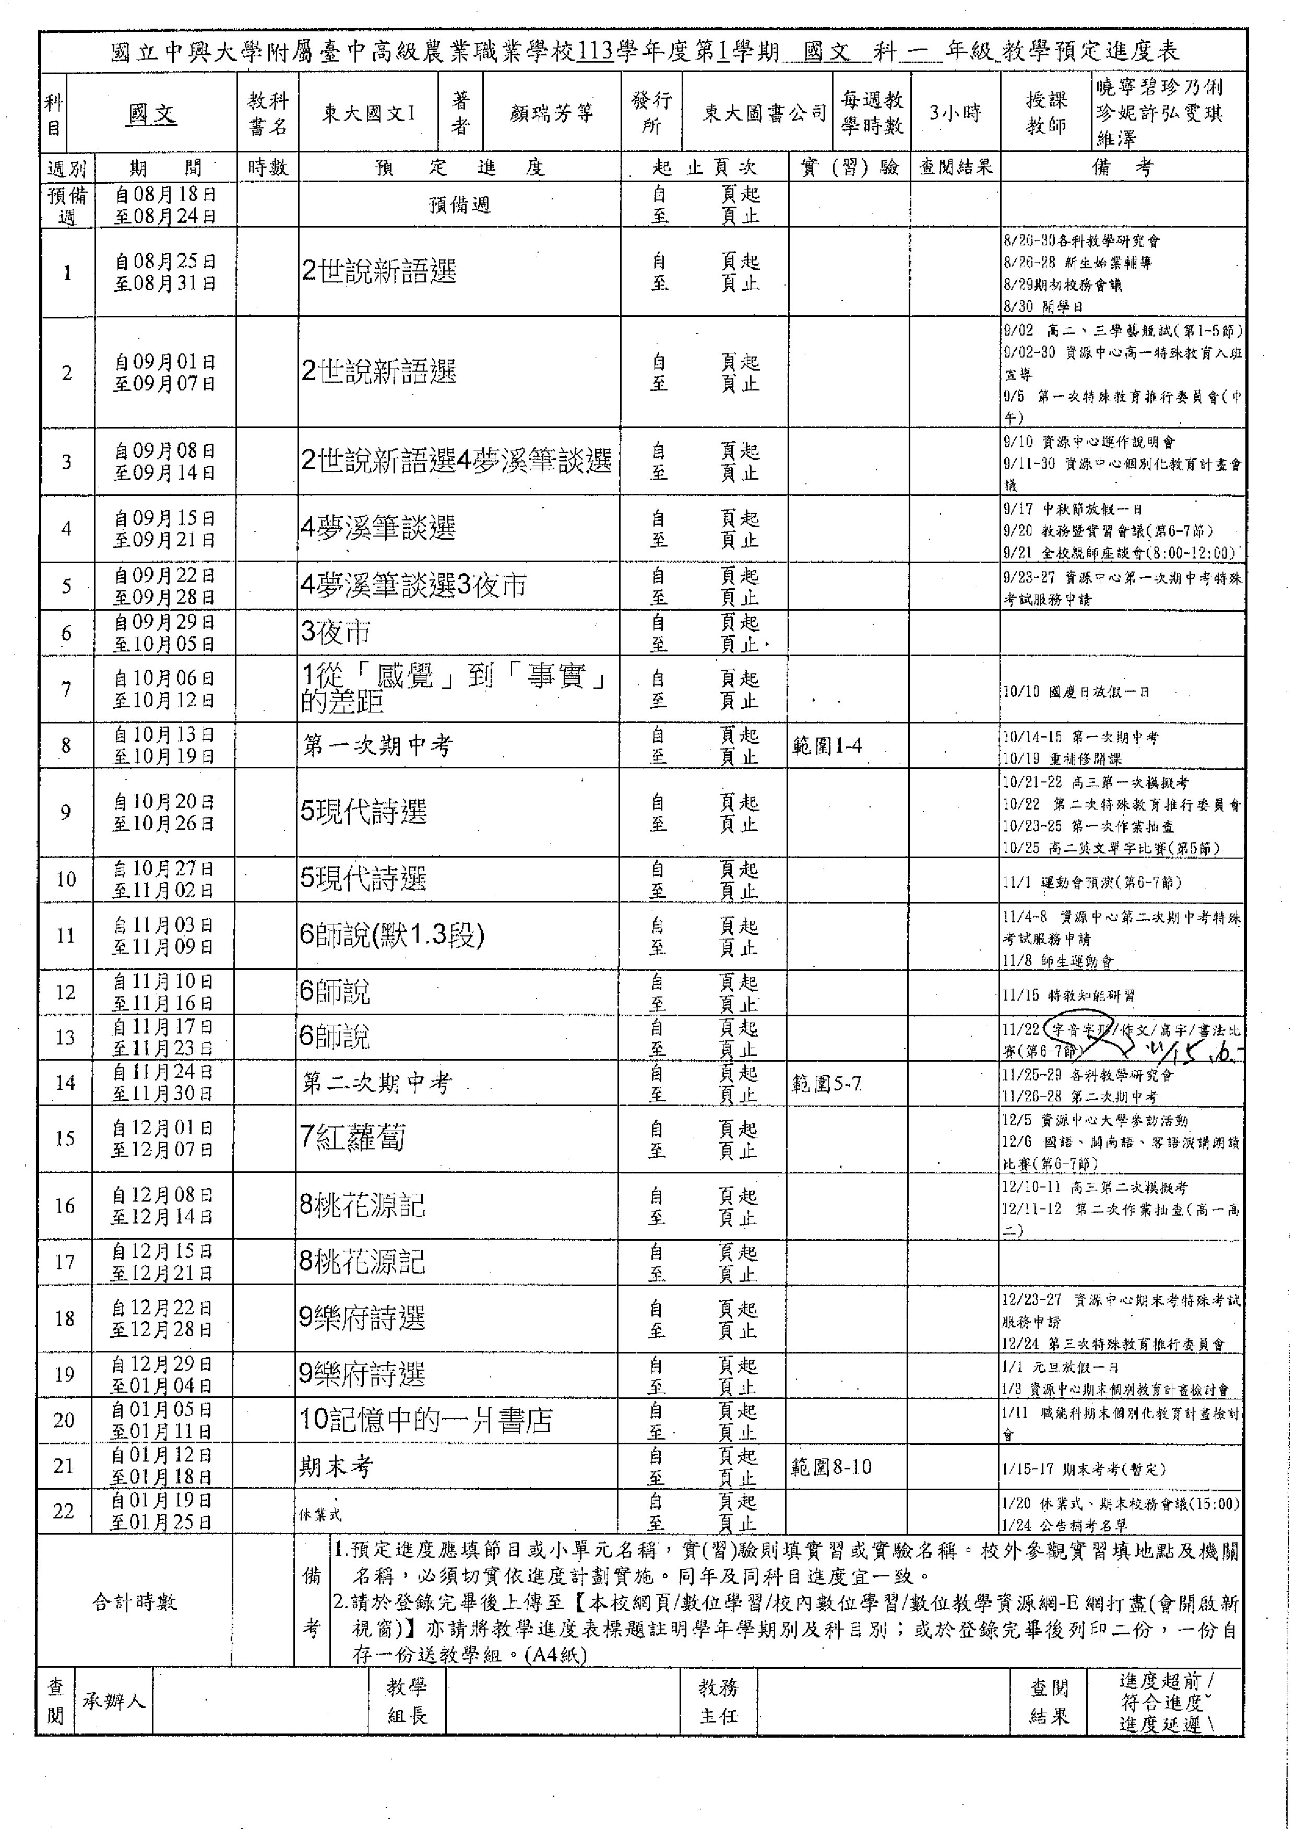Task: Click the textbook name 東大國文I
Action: tap(368, 113)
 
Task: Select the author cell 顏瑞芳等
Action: tap(551, 113)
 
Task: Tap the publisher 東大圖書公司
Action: tap(764, 113)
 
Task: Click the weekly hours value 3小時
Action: tap(955, 113)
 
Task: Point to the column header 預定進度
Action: tap(460, 168)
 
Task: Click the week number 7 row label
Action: tap(66, 690)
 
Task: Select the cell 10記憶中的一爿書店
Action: tap(426, 1420)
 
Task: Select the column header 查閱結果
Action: tap(955, 167)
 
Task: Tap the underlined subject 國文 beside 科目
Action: tap(151, 114)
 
